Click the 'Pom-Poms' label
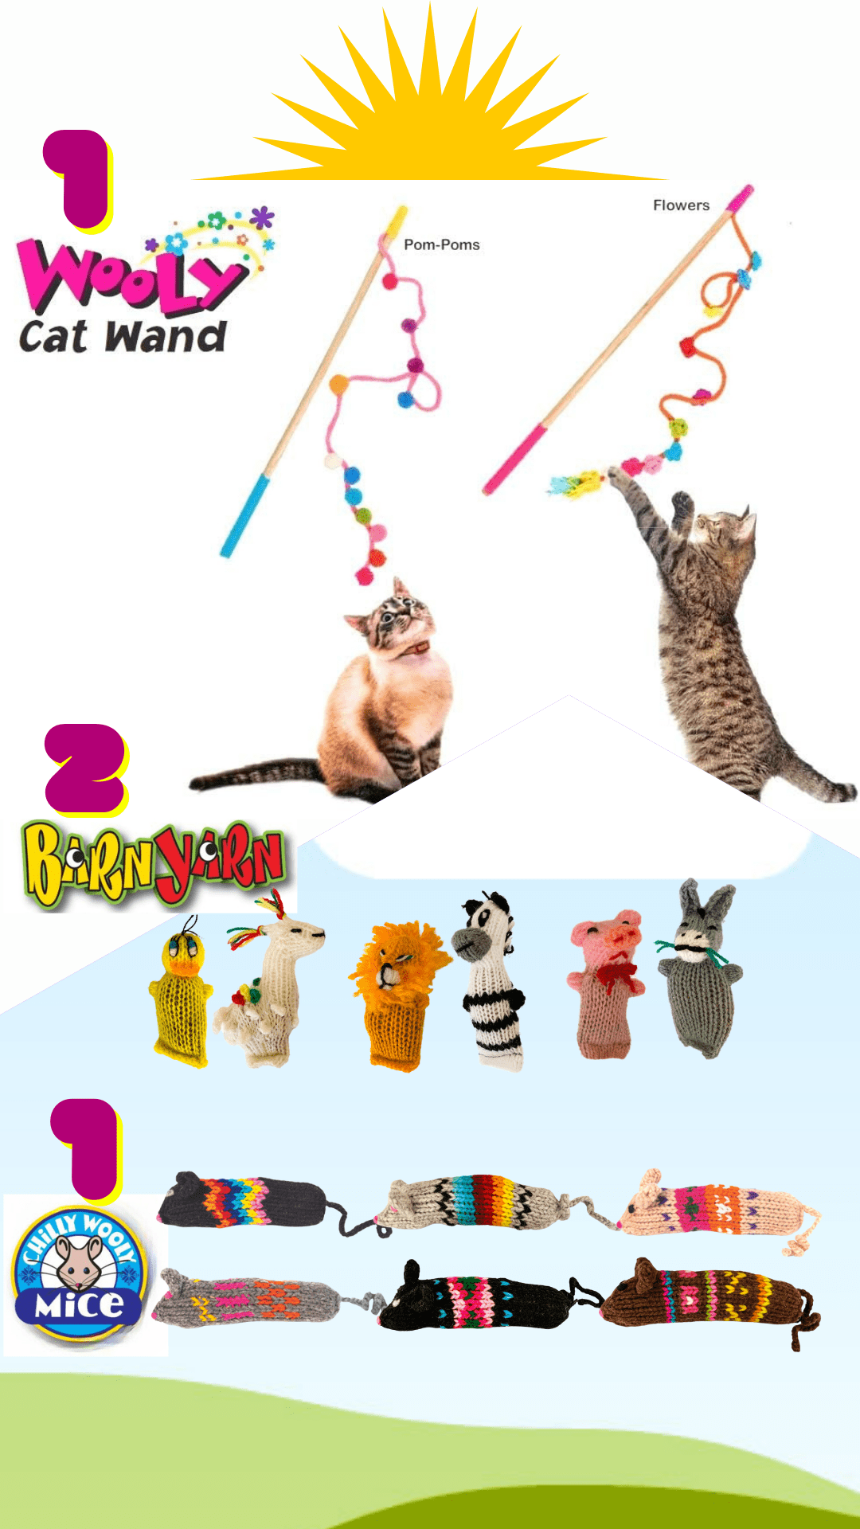pyautogui.click(x=441, y=244)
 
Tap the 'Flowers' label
pyautogui.click(x=681, y=205)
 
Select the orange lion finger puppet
pyautogui.click(x=397, y=991)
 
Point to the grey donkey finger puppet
pyautogui.click(x=699, y=976)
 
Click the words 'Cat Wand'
pyautogui.click(x=123, y=337)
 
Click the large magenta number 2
pyautogui.click(x=85, y=768)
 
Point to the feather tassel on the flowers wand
pyautogui.click(x=577, y=483)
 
